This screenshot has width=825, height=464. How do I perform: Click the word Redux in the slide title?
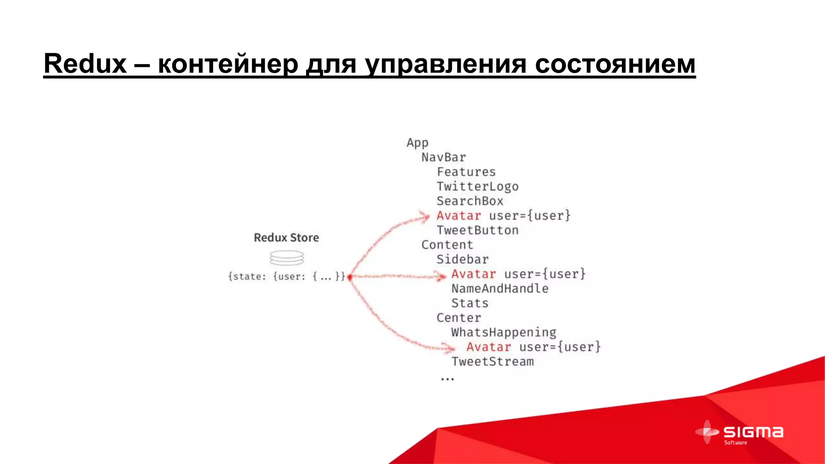coord(85,64)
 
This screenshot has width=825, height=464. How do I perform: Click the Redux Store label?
coord(286,238)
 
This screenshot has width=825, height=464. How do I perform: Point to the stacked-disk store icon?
coord(287,258)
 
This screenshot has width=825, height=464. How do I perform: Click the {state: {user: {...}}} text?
coord(286,277)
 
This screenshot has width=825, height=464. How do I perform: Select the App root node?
coord(417,143)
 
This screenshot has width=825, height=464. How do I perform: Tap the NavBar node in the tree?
coord(444,157)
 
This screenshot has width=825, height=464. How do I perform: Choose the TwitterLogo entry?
coord(477,186)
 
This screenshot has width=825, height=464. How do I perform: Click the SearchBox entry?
coord(470,201)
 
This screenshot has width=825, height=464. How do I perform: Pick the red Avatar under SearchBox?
coord(459,216)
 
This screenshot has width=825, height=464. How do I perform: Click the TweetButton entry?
coord(477,230)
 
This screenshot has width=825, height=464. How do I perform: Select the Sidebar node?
coord(462,259)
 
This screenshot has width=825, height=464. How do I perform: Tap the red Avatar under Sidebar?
coord(474,274)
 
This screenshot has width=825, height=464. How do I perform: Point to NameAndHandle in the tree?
coord(500,289)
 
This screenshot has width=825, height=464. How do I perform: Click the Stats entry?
coord(470,303)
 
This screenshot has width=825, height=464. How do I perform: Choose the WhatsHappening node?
coord(504,333)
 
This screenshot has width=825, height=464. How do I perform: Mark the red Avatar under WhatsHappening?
coord(489,347)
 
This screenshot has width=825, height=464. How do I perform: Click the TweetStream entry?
coord(492,362)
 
